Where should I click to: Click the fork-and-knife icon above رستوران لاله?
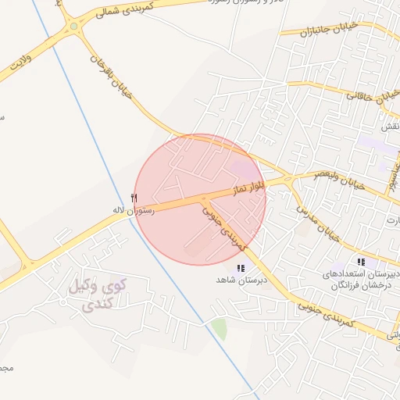134,198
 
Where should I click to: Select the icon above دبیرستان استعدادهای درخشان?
361,262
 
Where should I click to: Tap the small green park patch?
220,328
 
